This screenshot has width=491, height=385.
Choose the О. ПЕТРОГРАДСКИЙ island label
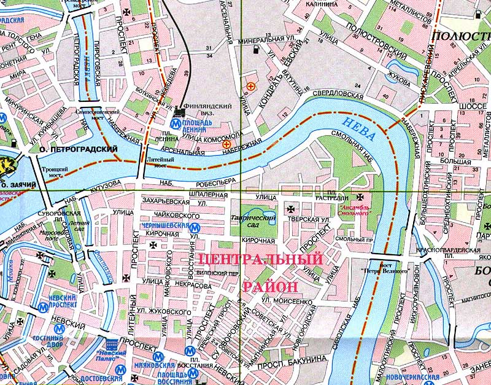pyautogui.click(x=79, y=149)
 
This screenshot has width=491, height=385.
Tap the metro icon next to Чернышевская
pyautogui.click(x=194, y=227)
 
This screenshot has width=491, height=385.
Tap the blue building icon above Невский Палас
pyautogui.click(x=112, y=345)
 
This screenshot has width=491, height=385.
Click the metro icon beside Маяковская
pyautogui.click(x=158, y=356)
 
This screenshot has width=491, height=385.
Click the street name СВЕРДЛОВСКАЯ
pyautogui.click(x=334, y=93)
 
